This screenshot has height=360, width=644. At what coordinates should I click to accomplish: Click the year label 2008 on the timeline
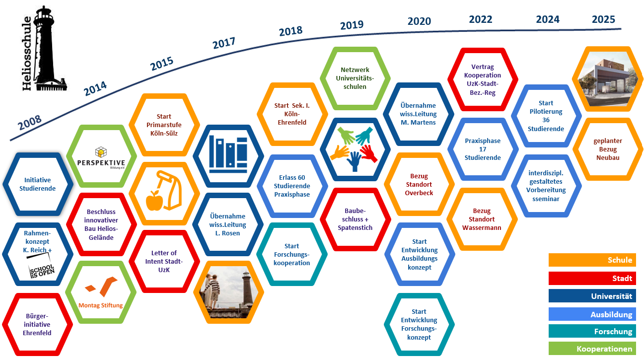click(30, 123)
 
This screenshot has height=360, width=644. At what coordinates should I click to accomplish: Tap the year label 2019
click(352, 25)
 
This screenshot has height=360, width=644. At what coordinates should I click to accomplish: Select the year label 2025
click(603, 19)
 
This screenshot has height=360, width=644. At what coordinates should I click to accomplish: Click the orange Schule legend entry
click(592, 260)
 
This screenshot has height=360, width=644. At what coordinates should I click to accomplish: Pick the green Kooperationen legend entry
click(592, 349)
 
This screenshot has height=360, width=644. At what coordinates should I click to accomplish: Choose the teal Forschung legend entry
click(592, 331)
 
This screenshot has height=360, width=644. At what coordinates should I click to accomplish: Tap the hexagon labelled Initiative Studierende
click(38, 184)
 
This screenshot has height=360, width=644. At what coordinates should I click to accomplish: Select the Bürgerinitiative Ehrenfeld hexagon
click(37, 324)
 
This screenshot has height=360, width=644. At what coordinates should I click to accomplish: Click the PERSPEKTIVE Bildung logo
click(101, 158)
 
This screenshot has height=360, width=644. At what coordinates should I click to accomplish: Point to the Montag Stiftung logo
click(101, 292)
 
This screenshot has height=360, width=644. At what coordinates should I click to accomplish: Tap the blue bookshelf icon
click(228, 155)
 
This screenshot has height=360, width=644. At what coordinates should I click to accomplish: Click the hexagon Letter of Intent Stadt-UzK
click(164, 261)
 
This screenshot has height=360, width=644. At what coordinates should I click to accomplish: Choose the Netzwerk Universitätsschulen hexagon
click(355, 78)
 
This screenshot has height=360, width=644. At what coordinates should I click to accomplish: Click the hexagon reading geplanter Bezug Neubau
click(608, 149)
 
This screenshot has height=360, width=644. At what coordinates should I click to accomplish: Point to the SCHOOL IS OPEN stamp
click(42, 271)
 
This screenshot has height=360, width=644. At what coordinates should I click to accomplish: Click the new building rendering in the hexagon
click(607, 79)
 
